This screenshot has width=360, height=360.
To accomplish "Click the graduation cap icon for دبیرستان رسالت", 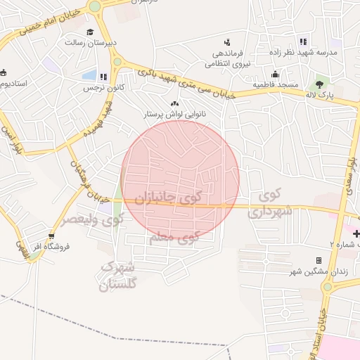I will coord(90,32).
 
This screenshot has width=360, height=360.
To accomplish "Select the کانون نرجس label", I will coord(99,88).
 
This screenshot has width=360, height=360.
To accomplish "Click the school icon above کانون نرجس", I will coord(103,77).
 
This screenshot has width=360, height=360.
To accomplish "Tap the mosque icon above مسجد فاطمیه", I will coord(275,74).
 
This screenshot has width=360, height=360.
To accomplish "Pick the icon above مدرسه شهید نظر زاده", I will coord(303,41).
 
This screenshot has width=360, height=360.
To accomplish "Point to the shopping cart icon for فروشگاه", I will coord(51,236).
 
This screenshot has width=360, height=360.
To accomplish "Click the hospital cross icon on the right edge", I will coord(356,233).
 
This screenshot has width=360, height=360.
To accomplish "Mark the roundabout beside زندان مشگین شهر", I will coord(328,288).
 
